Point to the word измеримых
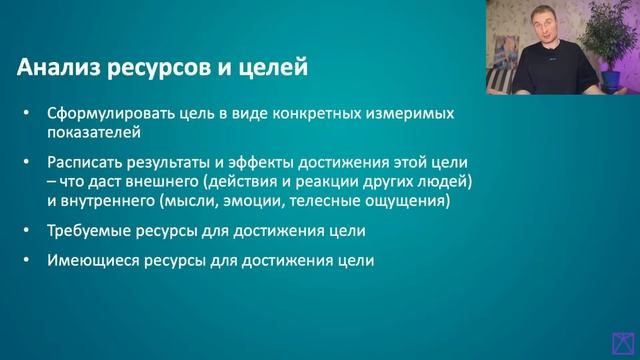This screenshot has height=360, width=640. coord(410,114)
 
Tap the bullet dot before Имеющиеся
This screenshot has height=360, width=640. coord(26,262)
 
